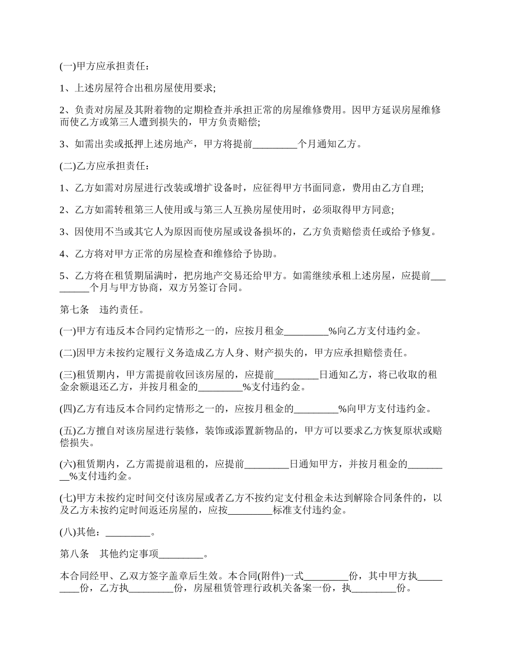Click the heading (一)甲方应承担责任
[104, 66]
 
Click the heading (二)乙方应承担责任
[104, 166]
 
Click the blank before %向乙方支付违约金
[306, 332]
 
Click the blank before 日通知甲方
[266, 464]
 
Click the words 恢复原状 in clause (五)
[400, 431]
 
